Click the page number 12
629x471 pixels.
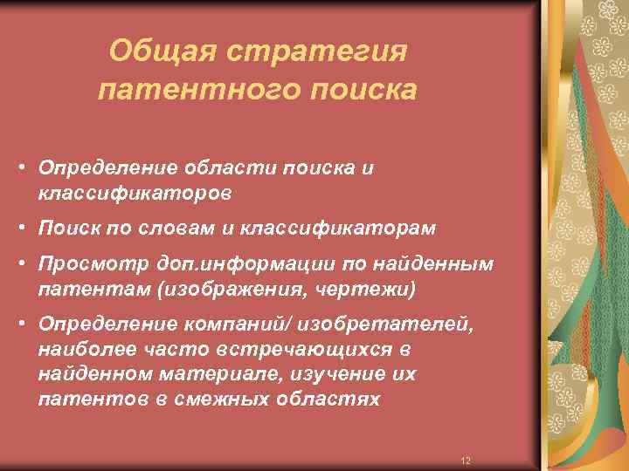(465, 460)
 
